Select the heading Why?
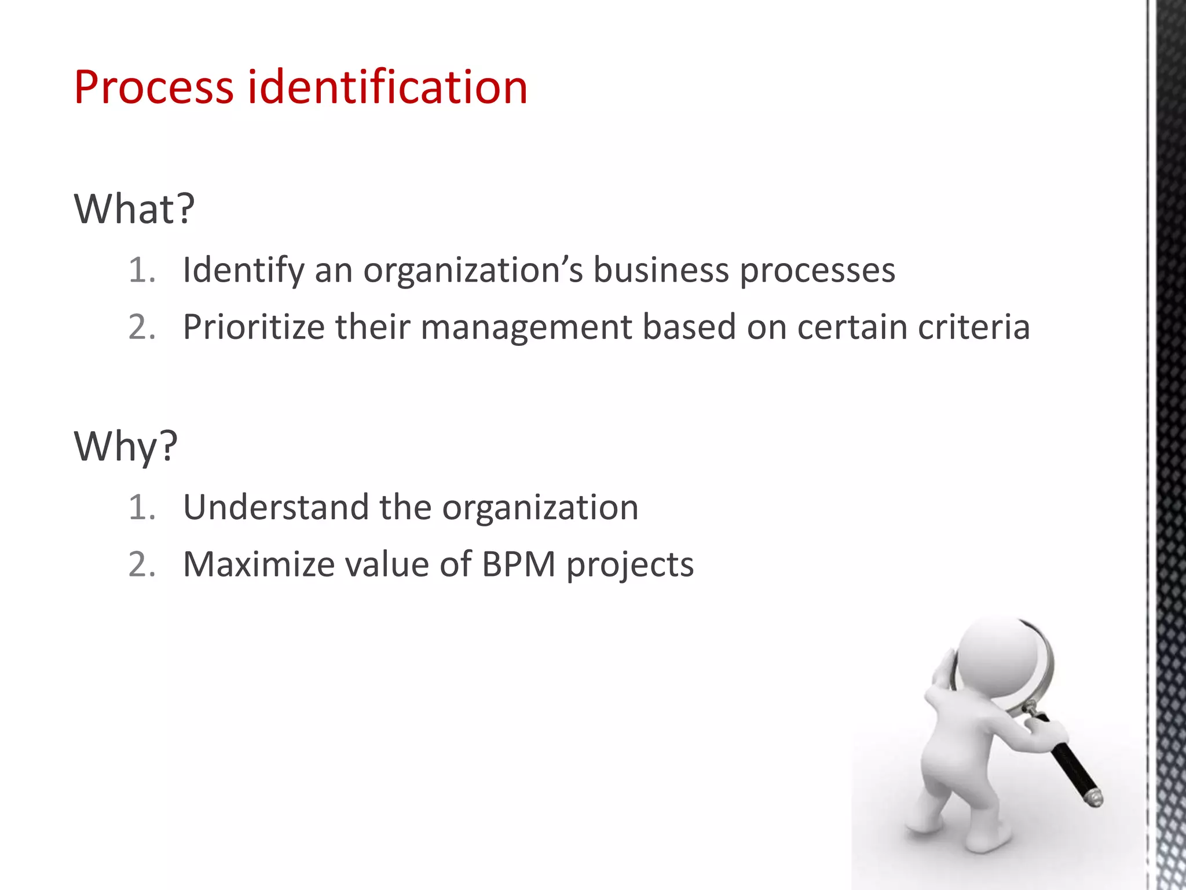coord(126,446)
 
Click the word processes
coord(818,271)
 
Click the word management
coord(526,328)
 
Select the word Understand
coord(276,507)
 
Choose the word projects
coord(630,565)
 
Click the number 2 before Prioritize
coord(140,327)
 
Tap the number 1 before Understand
coord(140,507)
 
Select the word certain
coord(852,327)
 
